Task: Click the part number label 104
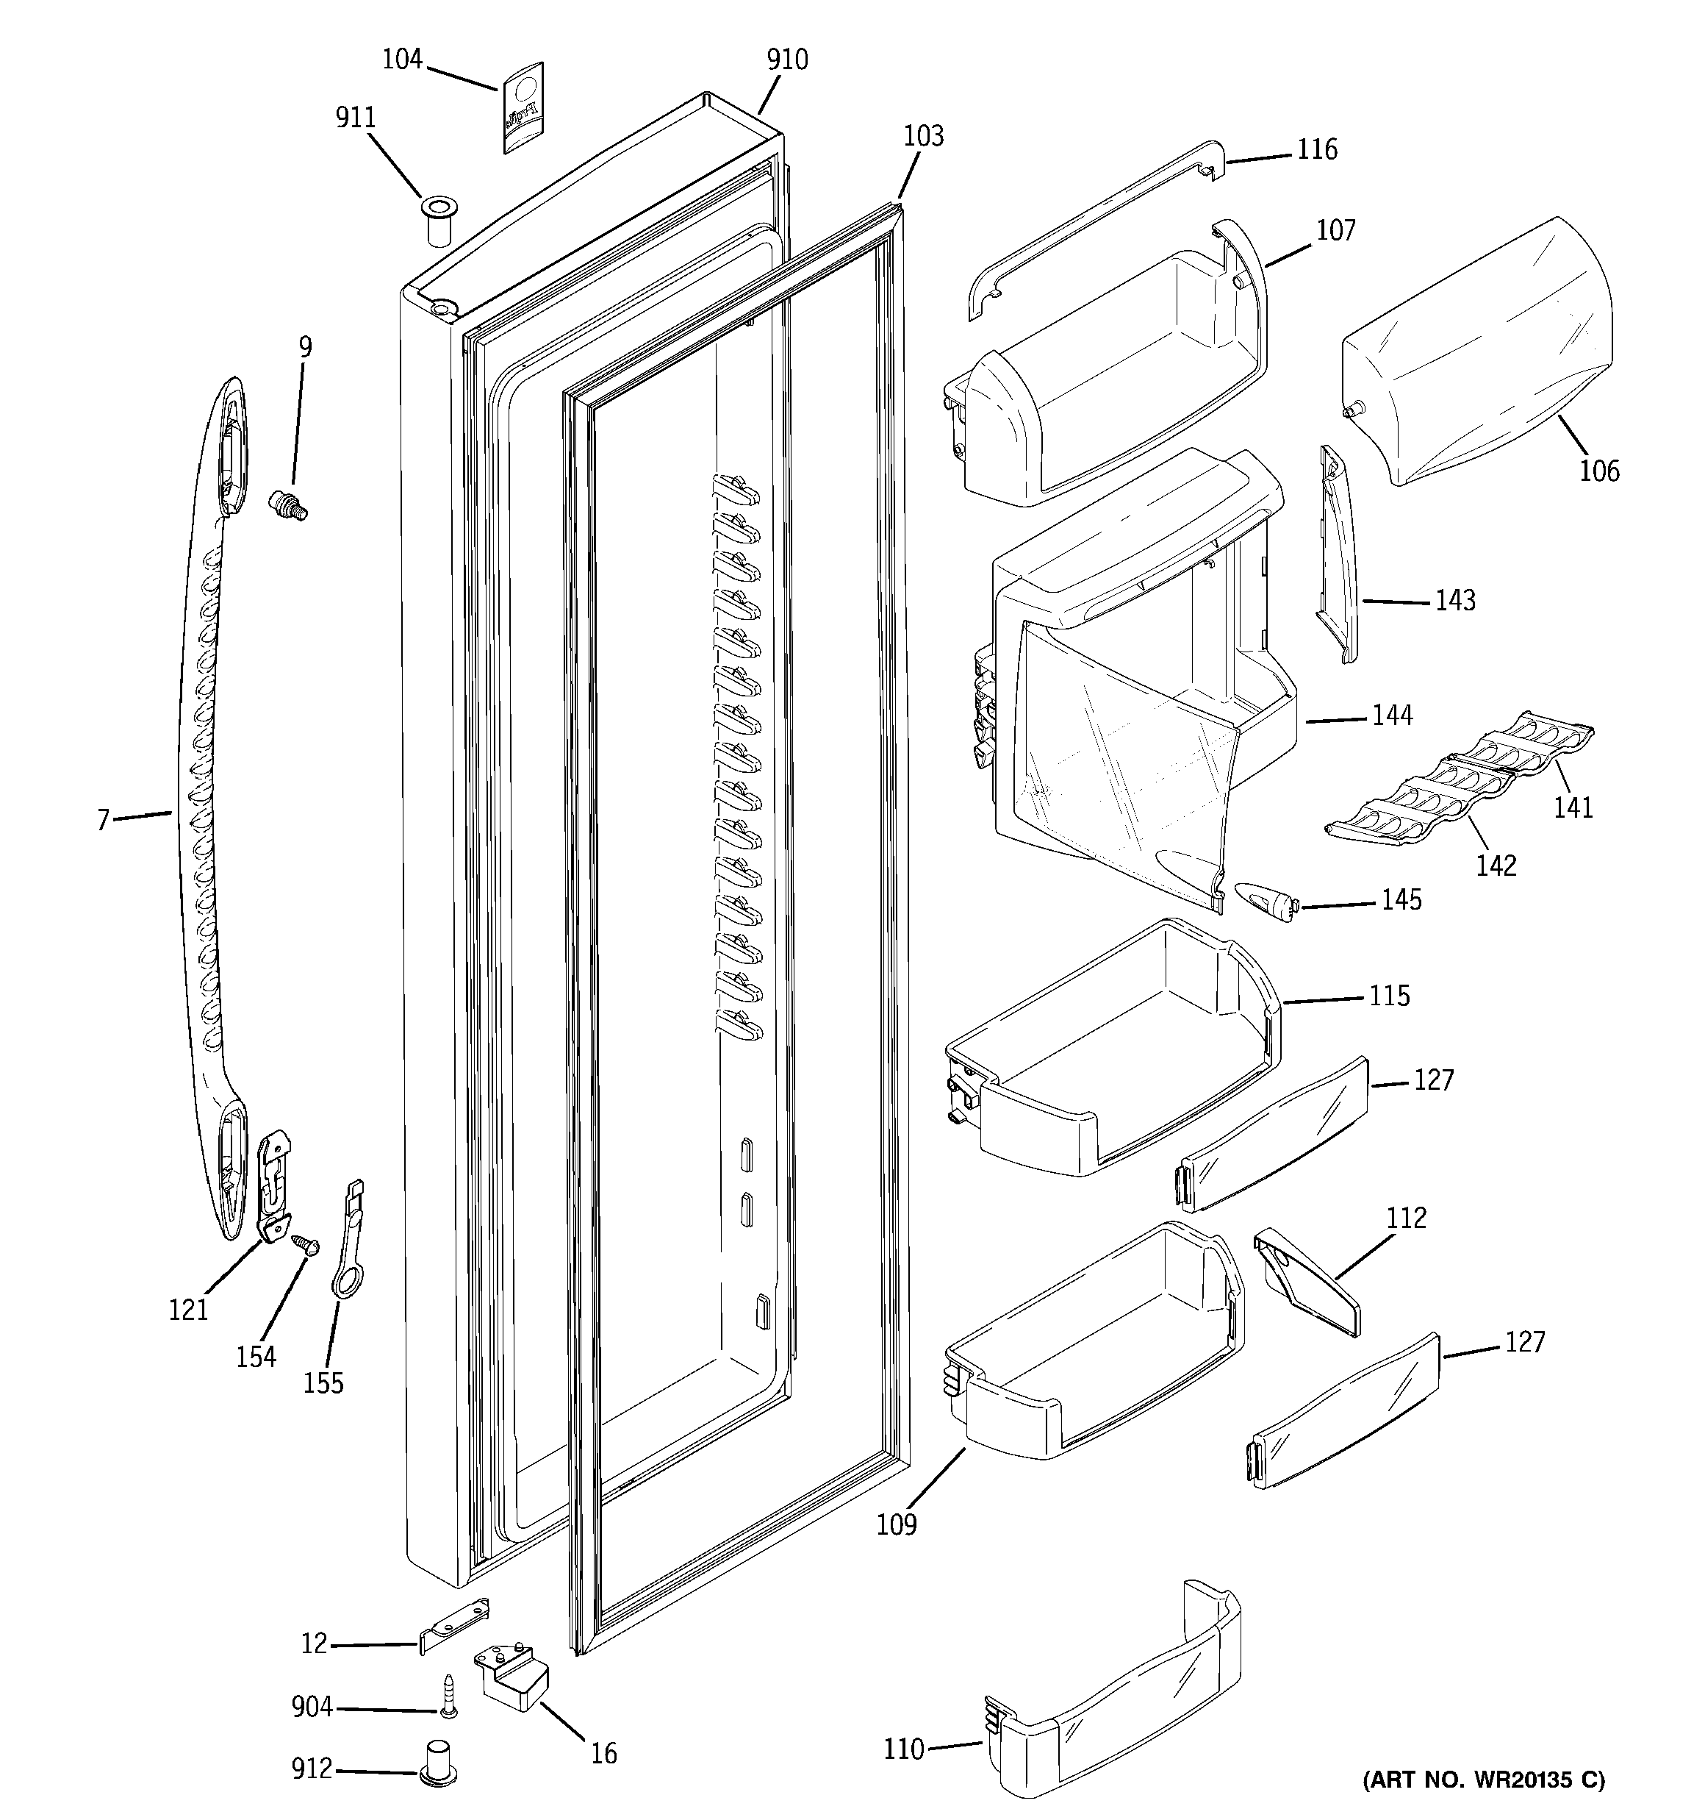point(402,60)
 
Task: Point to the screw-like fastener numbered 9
point(290,504)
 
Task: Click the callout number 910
point(787,60)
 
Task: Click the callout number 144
point(1391,715)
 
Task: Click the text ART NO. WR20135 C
point(1484,1780)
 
